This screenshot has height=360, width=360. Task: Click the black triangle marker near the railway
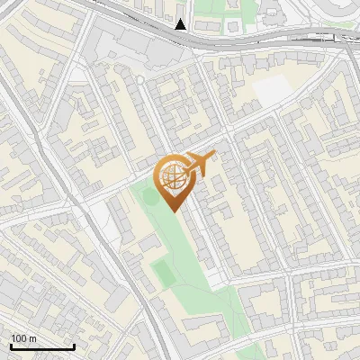(181, 24)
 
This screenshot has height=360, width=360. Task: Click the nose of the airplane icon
(215, 153)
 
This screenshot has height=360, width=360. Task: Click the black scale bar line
(41, 347)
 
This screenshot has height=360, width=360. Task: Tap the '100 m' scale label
(23, 338)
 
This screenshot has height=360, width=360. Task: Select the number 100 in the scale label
(19, 338)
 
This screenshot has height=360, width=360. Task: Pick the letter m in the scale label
(32, 338)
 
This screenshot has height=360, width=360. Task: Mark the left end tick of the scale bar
(10, 346)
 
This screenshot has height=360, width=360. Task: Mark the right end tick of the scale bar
(74, 346)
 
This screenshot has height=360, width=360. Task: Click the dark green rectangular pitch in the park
(163, 271)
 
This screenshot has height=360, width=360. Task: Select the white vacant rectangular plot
(274, 88)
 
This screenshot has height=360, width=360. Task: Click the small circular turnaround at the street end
(139, 79)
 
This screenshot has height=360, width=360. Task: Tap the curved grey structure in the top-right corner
(346, 11)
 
